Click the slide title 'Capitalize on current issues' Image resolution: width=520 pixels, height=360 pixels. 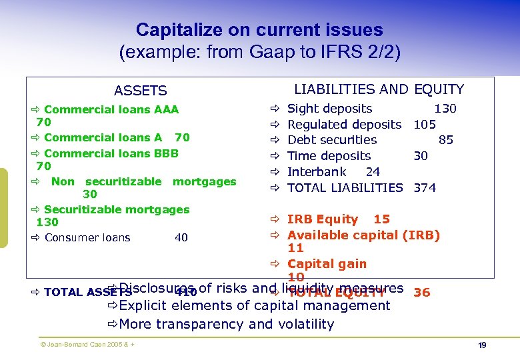pyautogui.click(x=259, y=30)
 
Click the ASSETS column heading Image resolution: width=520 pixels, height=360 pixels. pyautogui.click(x=140, y=91)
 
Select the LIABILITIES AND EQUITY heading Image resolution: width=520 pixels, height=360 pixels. pyautogui.click(x=379, y=89)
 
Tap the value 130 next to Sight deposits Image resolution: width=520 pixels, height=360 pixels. pyautogui.click(x=445, y=109)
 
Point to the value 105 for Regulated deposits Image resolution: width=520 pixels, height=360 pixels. pyautogui.click(x=425, y=125)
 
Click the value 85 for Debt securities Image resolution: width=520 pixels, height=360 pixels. pyautogui.click(x=446, y=140)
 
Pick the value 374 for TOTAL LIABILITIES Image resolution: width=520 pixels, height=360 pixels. pyautogui.click(x=425, y=188)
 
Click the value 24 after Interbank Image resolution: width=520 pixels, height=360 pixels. pyautogui.click(x=373, y=172)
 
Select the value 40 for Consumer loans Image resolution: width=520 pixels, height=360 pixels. pyautogui.click(x=181, y=238)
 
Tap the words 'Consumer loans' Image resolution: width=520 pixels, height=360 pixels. pyautogui.click(x=87, y=238)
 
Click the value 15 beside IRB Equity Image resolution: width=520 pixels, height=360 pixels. pyautogui.click(x=381, y=219)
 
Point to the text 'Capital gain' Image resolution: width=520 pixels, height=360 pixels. pyautogui.click(x=327, y=264)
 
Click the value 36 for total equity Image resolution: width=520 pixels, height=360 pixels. pyautogui.click(x=422, y=293)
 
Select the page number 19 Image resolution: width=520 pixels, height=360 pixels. pyautogui.click(x=482, y=345)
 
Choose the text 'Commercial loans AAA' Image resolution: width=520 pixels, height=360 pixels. pyautogui.click(x=111, y=109)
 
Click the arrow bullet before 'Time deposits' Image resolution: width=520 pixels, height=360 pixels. pyautogui.click(x=273, y=156)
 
